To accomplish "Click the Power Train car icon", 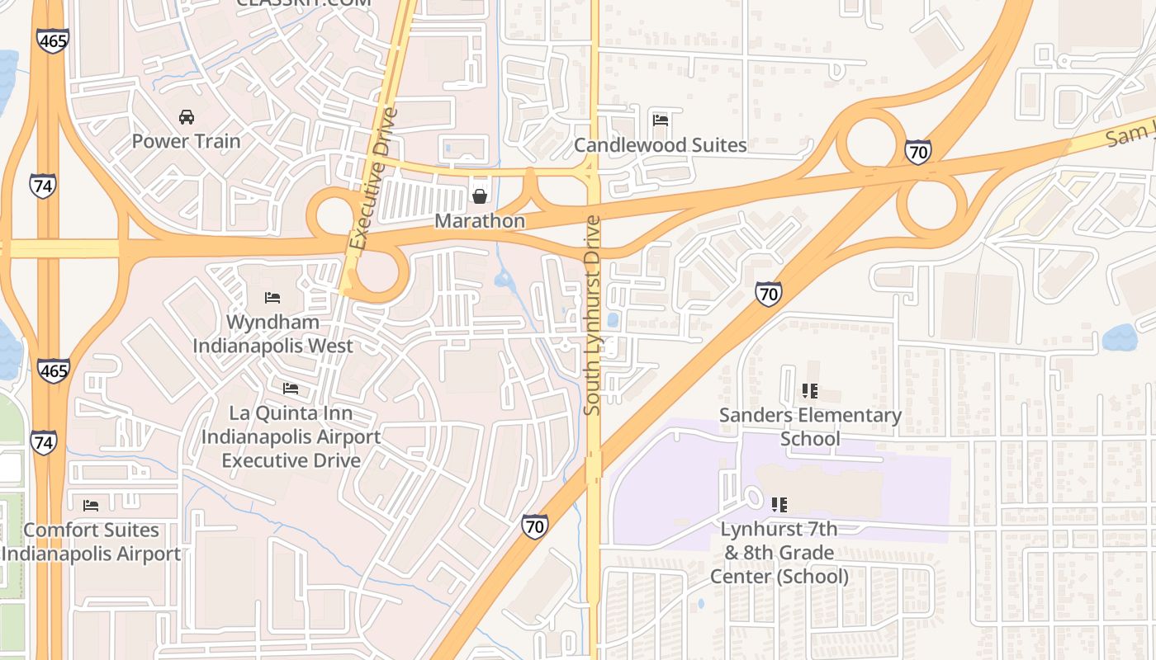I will coord(187,117).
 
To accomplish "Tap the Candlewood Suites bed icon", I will coord(660,120).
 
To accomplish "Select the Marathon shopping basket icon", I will coord(479,196).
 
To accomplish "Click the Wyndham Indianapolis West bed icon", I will coord(272,297).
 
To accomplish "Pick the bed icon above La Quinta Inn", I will coord(291,388).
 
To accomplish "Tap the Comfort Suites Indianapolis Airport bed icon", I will coord(91,505).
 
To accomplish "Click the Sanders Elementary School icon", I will coord(809,391).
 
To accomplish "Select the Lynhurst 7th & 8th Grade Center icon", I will coord(779,503).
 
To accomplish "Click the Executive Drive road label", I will coord(373,178).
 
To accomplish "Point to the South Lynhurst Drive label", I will coord(592,315).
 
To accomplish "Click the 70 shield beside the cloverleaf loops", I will coord(917,151).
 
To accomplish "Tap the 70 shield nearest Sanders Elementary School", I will coord(768,294).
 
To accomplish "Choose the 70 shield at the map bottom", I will coord(535,526).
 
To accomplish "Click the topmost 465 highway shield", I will coord(52,40).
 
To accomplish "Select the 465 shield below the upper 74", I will coord(53,370).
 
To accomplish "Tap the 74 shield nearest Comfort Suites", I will coord(44,441).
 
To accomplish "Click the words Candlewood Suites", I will coord(660,145).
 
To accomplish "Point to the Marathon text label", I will coord(479,221).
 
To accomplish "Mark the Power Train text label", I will coord(187,141).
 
